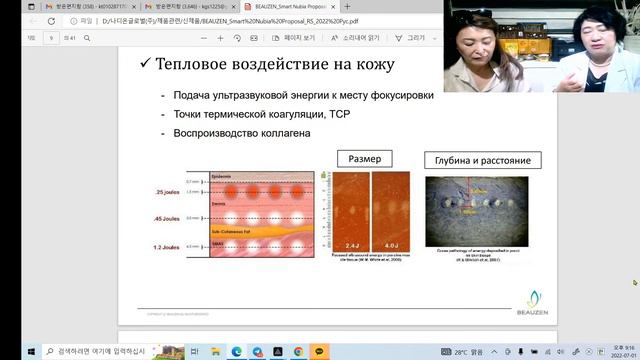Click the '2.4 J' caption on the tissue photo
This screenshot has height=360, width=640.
tap(351, 241)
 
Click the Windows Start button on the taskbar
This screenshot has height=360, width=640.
tap(9, 350)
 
